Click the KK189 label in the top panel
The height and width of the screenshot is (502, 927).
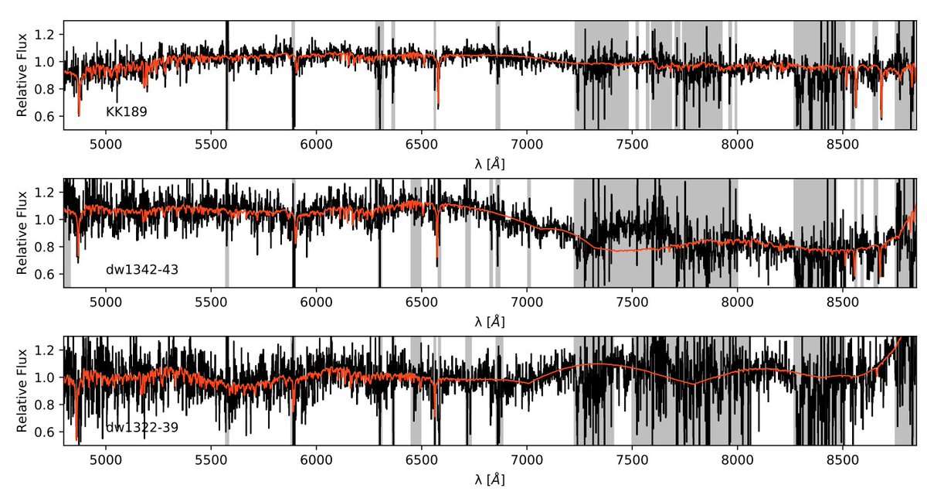click(x=127, y=112)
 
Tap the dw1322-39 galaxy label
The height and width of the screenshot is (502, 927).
click(x=142, y=428)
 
